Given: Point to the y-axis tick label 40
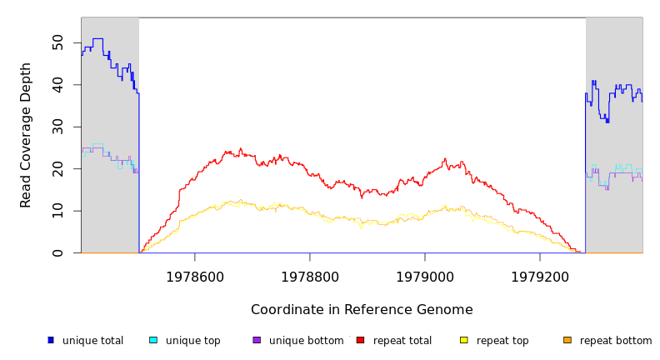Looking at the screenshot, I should (x=57, y=85).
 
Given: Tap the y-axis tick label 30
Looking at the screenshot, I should (x=57, y=127).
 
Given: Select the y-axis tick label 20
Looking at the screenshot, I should (x=57, y=168).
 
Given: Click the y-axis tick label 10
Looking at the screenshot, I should (x=57, y=211).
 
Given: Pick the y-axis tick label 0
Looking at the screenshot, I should (x=57, y=252).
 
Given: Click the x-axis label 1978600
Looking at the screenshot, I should (x=195, y=276).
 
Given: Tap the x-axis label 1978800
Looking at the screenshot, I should (x=310, y=276).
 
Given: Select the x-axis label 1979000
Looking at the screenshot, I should (x=425, y=276).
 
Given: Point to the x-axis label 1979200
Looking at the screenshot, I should (x=540, y=276).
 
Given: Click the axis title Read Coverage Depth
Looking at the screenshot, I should (x=26, y=135).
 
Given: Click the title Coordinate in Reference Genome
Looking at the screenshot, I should (x=362, y=310).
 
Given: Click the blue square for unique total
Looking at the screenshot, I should (x=51, y=340).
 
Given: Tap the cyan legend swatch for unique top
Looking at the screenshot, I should (x=153, y=340).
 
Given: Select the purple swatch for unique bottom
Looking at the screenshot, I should (x=257, y=340).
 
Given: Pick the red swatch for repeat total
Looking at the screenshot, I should (x=360, y=340).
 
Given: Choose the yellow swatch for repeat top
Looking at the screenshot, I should (x=464, y=340).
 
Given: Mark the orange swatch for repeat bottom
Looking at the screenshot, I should (x=567, y=340).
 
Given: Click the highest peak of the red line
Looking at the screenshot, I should (x=241, y=149).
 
